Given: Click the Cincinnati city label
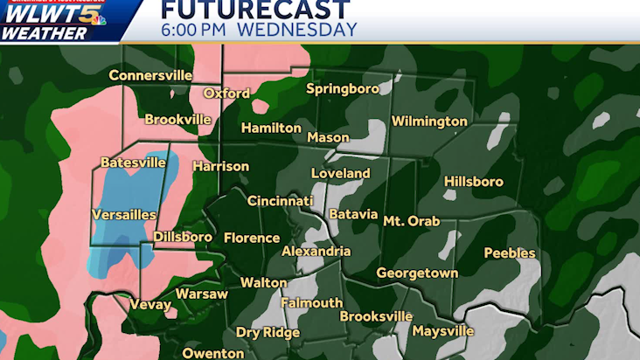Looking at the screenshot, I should pyautogui.click(x=280, y=201).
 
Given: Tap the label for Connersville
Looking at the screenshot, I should pyautogui.click(x=150, y=76).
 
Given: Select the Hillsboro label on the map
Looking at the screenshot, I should pyautogui.click(x=474, y=182).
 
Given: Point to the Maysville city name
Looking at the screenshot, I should pyautogui.click(x=442, y=331).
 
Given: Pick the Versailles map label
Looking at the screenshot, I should pyautogui.click(x=124, y=215).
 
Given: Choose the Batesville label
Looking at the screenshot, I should pyautogui.click(x=133, y=163).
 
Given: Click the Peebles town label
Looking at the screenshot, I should pyautogui.click(x=509, y=253).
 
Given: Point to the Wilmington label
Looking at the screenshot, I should pyautogui.click(x=429, y=121).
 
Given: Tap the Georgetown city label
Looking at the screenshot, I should pyautogui.click(x=417, y=273).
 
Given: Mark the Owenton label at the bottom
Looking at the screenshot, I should pyautogui.click(x=212, y=353).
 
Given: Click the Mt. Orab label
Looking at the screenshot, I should pyautogui.click(x=412, y=221).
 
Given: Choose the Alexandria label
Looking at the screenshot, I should pyautogui.click(x=316, y=252).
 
